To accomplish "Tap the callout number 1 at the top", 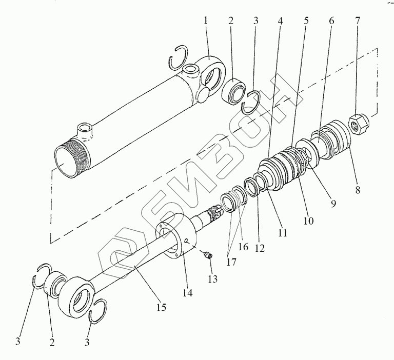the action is click(206, 21).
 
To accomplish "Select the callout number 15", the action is click(162, 307).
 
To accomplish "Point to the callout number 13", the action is click(212, 278).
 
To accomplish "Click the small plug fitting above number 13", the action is click(208, 255).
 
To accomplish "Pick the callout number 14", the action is click(188, 292).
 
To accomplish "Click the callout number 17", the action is click(231, 262).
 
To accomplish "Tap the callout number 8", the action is click(358, 189).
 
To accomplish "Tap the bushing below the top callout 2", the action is click(234, 92).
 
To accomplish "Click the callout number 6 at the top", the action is click(331, 21).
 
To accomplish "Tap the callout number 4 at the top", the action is click(281, 21).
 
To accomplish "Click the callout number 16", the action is click(243, 247).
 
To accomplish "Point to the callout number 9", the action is click(333, 204).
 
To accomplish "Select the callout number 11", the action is click(283, 233).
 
